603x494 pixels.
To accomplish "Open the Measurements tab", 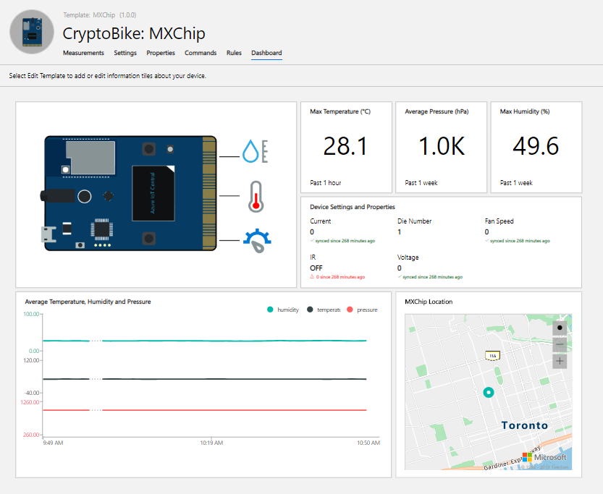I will (x=83, y=53).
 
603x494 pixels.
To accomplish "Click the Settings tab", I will (x=125, y=53).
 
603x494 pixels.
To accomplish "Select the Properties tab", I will (x=161, y=53).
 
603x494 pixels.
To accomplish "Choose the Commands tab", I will (x=201, y=53).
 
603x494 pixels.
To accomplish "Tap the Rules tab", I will (x=234, y=53).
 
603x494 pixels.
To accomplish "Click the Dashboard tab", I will (x=266, y=53).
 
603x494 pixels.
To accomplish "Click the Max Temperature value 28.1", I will (x=345, y=146).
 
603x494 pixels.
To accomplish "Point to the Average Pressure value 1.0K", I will (x=441, y=146).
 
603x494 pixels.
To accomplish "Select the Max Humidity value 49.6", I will (x=536, y=146).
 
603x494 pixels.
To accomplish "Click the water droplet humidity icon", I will (x=250, y=151).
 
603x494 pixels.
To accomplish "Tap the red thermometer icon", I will (x=255, y=196).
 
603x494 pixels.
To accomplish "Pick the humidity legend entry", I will (x=283, y=310).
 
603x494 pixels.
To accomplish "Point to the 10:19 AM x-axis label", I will (x=211, y=443).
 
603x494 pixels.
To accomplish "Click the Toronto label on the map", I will (x=525, y=425).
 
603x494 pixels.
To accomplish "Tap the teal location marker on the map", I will (x=489, y=393).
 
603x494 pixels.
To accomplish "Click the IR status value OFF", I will (x=316, y=268).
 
